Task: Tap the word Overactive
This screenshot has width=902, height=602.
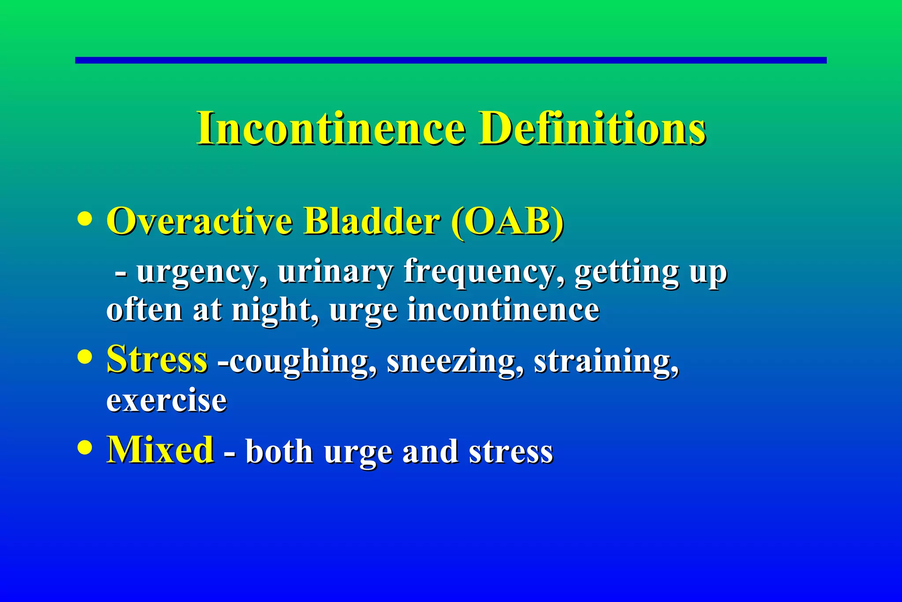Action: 200,221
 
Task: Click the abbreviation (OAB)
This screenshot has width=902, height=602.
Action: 507,221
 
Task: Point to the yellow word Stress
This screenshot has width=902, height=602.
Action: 157,359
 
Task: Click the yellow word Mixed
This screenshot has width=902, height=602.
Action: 160,450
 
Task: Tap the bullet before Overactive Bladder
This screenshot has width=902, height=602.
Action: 85,219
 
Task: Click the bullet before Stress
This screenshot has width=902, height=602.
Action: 85,357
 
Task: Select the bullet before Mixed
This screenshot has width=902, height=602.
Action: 85,448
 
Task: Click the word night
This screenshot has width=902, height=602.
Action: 275,310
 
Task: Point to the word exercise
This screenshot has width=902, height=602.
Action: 166,401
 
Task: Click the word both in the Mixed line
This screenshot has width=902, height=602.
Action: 279,452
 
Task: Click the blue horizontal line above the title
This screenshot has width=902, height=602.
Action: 451,60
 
